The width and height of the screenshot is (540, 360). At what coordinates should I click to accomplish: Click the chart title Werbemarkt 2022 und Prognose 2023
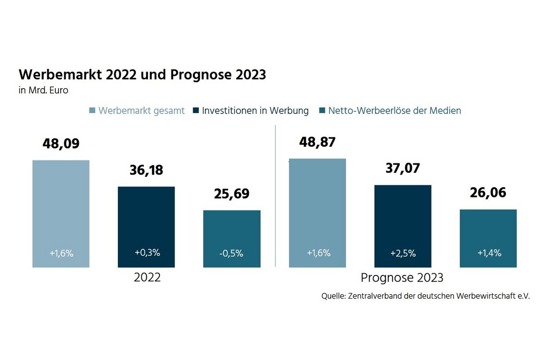click(x=142, y=75)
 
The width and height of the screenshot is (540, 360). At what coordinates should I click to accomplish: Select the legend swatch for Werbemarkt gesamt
click(x=92, y=111)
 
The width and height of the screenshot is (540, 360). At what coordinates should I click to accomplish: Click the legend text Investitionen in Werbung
click(x=255, y=111)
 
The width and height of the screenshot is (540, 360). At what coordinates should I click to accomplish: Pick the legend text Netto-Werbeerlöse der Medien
click(x=395, y=111)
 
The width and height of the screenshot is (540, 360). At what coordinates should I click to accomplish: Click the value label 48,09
click(x=61, y=144)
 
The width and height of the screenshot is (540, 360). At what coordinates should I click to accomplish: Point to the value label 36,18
click(x=146, y=171)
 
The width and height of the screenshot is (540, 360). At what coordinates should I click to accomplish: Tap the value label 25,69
click(x=232, y=194)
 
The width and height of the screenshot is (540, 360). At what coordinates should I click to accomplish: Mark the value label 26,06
click(x=488, y=193)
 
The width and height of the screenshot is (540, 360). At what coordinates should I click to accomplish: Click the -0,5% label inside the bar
click(x=232, y=253)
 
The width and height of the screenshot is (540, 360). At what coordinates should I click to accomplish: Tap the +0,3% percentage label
click(x=147, y=252)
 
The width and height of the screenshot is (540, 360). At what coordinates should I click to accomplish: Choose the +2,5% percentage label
click(x=402, y=253)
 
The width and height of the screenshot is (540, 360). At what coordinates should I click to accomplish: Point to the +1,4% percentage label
click(x=489, y=253)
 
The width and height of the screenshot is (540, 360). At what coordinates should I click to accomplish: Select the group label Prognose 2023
click(x=402, y=278)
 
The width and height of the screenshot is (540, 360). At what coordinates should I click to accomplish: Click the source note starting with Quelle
click(x=426, y=297)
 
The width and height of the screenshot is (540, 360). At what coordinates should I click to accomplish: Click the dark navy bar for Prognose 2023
click(x=403, y=216)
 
